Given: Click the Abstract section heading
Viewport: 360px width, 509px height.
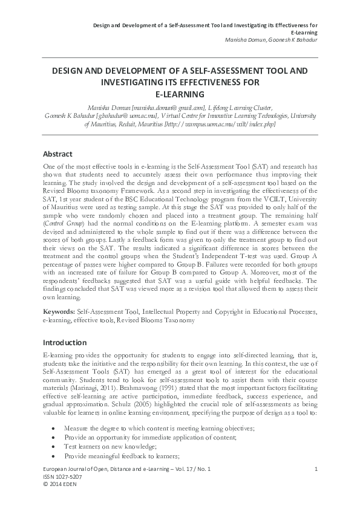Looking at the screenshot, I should pyautogui.click(x=58, y=154).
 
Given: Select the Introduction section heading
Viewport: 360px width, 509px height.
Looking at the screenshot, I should pyautogui.click(x=65, y=343).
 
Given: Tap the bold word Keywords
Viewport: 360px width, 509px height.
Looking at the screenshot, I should pyautogui.click(x=59, y=311).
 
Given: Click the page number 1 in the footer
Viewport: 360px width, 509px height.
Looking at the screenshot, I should pyautogui.click(x=316, y=469).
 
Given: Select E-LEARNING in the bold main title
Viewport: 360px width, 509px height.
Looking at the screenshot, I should pyautogui.click(x=180, y=94).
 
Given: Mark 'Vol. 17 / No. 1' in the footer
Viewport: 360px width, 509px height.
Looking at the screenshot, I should pyautogui.click(x=181, y=469).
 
